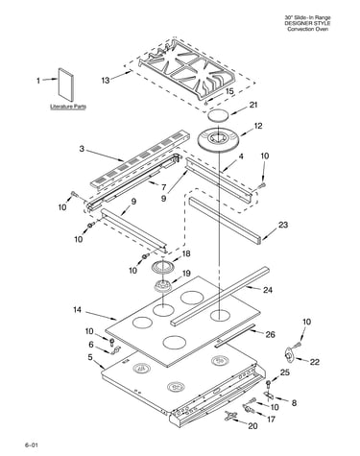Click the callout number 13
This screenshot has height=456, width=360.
point(106,80)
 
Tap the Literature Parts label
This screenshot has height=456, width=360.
point(68,107)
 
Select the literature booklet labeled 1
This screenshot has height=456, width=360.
point(65,84)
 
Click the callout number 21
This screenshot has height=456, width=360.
point(253,105)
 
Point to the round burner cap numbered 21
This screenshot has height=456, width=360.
point(219,115)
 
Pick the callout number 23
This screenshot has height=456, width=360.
point(283,225)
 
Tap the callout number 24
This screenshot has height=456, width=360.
point(268,290)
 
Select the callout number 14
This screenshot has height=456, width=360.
point(77,310)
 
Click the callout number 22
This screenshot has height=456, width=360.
point(315,362)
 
